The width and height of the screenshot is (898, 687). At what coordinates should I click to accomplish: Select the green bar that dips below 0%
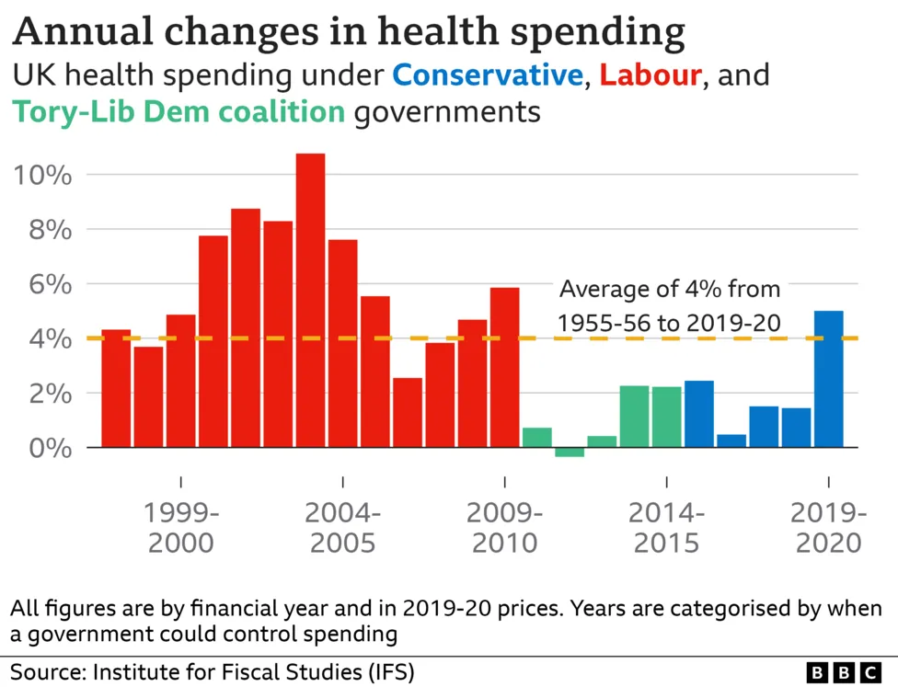coord(570,452)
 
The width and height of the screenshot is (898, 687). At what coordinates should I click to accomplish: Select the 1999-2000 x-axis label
coord(181,528)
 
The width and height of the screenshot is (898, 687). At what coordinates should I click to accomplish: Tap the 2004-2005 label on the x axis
coord(343,528)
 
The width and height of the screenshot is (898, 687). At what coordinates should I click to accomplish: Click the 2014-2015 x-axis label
coord(667,528)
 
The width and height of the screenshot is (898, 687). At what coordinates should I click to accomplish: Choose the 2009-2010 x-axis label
coord(505,528)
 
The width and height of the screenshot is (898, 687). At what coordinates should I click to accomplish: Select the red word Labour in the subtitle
coord(650,75)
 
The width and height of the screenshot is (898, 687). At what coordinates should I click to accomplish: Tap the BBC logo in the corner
coord(844,671)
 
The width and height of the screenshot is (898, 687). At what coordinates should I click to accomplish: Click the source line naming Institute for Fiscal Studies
coord(213,670)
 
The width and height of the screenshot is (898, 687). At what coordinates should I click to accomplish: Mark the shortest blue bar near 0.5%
coord(731,441)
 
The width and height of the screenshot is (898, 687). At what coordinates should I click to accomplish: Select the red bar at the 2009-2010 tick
coord(504,368)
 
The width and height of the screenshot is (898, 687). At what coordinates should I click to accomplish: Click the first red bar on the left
coord(116,388)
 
